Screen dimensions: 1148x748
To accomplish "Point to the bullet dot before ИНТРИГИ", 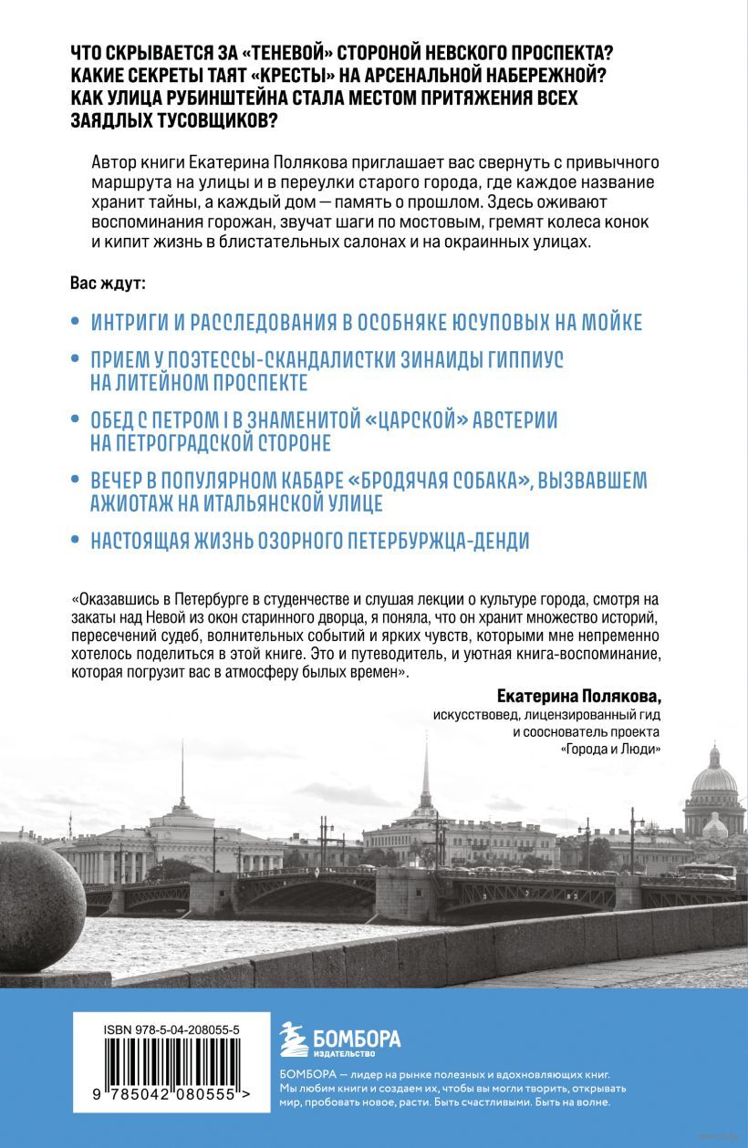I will [x=76, y=323].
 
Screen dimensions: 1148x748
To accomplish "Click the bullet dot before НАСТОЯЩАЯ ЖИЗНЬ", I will [x=76, y=540].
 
